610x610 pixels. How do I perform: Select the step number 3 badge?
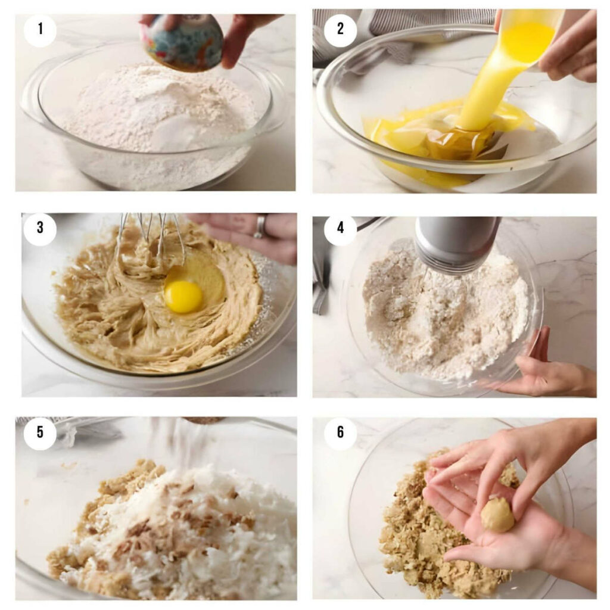point(40,228)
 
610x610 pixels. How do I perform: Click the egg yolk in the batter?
point(183,296)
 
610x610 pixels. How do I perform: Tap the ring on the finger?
point(260,227)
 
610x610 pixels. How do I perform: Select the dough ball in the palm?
point(497,514)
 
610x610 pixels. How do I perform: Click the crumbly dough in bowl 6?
point(417,536)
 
